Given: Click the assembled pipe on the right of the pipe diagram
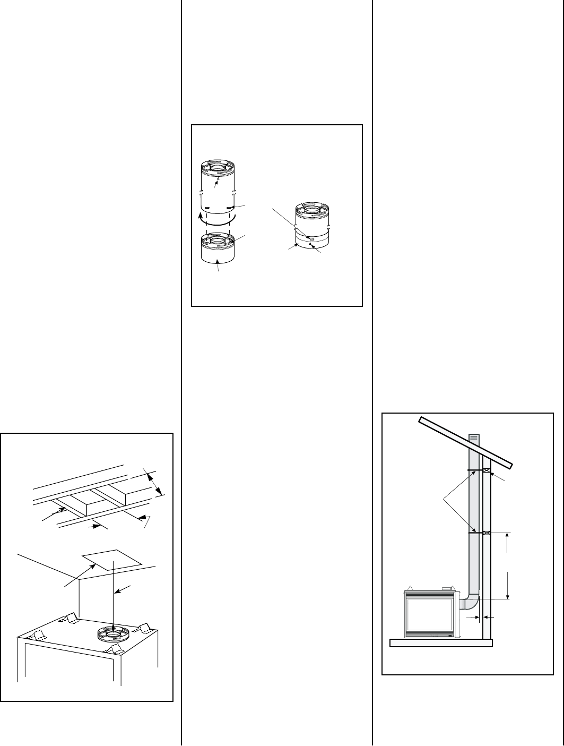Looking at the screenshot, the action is [312, 226].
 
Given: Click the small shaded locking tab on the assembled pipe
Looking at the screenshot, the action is [311, 240].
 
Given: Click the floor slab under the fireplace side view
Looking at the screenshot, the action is [441, 644].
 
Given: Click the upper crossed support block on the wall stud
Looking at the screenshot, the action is [487, 470].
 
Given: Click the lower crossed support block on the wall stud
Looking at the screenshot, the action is [487, 533].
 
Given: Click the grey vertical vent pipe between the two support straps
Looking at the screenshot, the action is [474, 502].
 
